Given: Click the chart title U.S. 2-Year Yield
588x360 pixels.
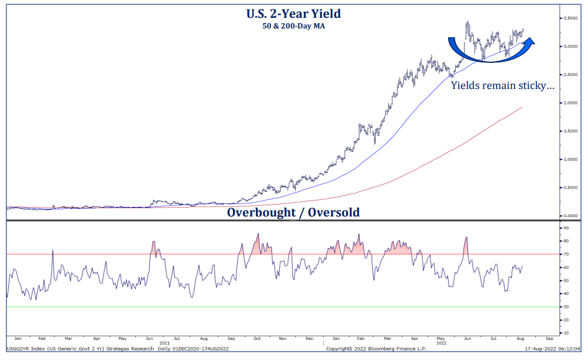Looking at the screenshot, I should coord(293,13).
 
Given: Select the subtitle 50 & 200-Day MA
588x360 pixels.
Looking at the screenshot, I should coord(293,26).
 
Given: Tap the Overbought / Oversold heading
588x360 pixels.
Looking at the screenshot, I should coord(293,212).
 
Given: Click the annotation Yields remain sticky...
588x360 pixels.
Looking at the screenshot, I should coord(503,85).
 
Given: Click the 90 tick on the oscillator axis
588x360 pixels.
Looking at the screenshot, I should coord(567,228).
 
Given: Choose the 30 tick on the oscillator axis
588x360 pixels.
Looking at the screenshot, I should coord(567,307).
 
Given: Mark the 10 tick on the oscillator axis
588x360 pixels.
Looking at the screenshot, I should coord(567,333).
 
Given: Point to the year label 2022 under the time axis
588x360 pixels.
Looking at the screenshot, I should coord(441,343).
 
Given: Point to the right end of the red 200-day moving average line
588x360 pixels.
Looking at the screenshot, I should coord(522,107).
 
